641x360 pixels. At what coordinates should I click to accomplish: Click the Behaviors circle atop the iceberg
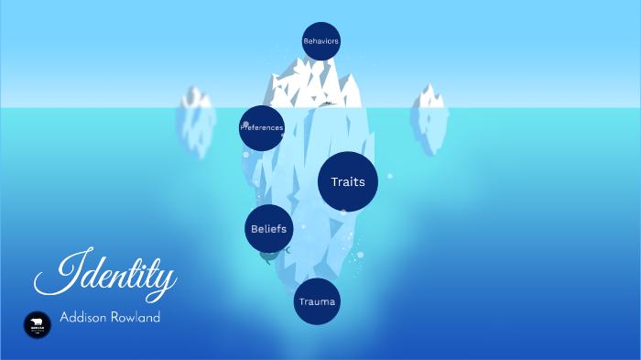point(320,41)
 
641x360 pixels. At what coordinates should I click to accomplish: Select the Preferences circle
point(262,128)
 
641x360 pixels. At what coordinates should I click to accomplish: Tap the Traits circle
point(348,181)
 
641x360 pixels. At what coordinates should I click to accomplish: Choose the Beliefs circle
point(269,228)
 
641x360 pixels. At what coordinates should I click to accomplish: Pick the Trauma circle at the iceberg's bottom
point(317,301)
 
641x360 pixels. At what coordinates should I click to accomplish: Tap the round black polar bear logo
point(38,324)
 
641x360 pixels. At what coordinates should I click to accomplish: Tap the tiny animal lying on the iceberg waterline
point(327,104)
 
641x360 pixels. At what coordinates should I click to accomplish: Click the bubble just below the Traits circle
point(343,213)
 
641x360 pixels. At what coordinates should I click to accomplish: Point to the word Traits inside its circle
point(348,181)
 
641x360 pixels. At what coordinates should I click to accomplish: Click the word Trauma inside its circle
point(317,301)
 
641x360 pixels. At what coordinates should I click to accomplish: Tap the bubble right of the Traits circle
point(389,176)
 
